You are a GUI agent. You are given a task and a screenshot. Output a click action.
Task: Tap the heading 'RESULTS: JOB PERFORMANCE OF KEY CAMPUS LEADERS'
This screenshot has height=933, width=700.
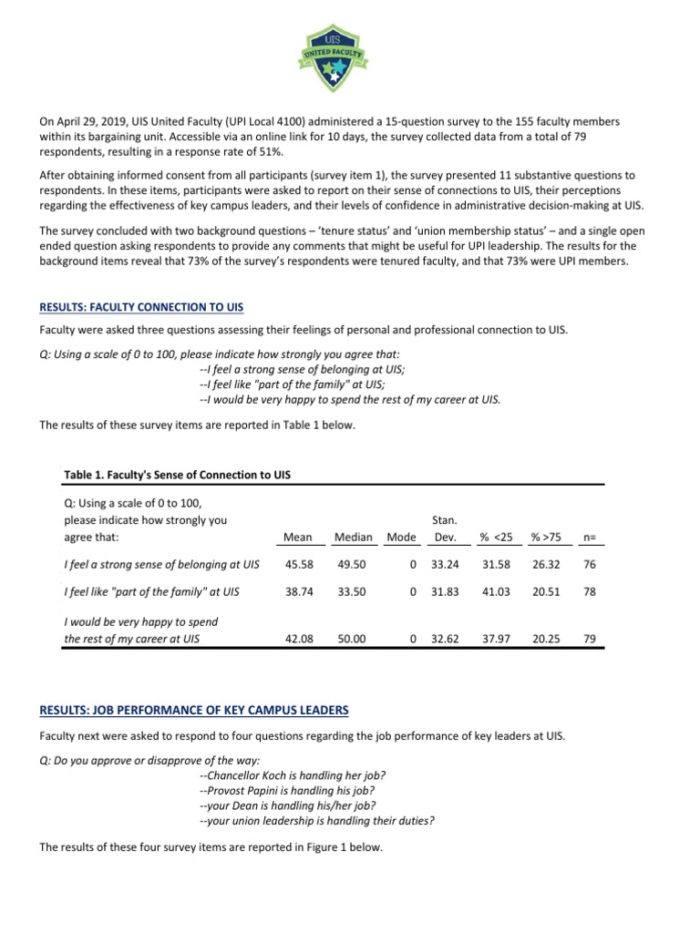193,709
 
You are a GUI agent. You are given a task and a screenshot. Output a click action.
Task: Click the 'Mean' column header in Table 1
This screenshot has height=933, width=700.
299,538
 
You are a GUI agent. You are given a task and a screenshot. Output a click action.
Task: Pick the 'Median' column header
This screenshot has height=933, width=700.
353,538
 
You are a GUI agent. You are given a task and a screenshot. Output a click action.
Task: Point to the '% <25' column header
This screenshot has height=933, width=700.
497,538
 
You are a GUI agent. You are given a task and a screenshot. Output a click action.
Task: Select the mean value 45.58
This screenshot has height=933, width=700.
299,565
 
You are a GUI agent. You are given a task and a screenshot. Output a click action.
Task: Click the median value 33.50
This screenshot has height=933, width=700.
352,591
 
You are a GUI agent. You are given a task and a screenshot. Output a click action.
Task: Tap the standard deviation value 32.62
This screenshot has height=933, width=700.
446,640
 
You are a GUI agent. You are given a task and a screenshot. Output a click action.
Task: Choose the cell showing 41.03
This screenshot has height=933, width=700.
497,591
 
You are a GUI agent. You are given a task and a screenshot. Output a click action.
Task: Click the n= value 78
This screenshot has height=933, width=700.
589,591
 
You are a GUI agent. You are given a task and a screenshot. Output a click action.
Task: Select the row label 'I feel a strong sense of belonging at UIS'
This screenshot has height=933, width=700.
161,565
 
